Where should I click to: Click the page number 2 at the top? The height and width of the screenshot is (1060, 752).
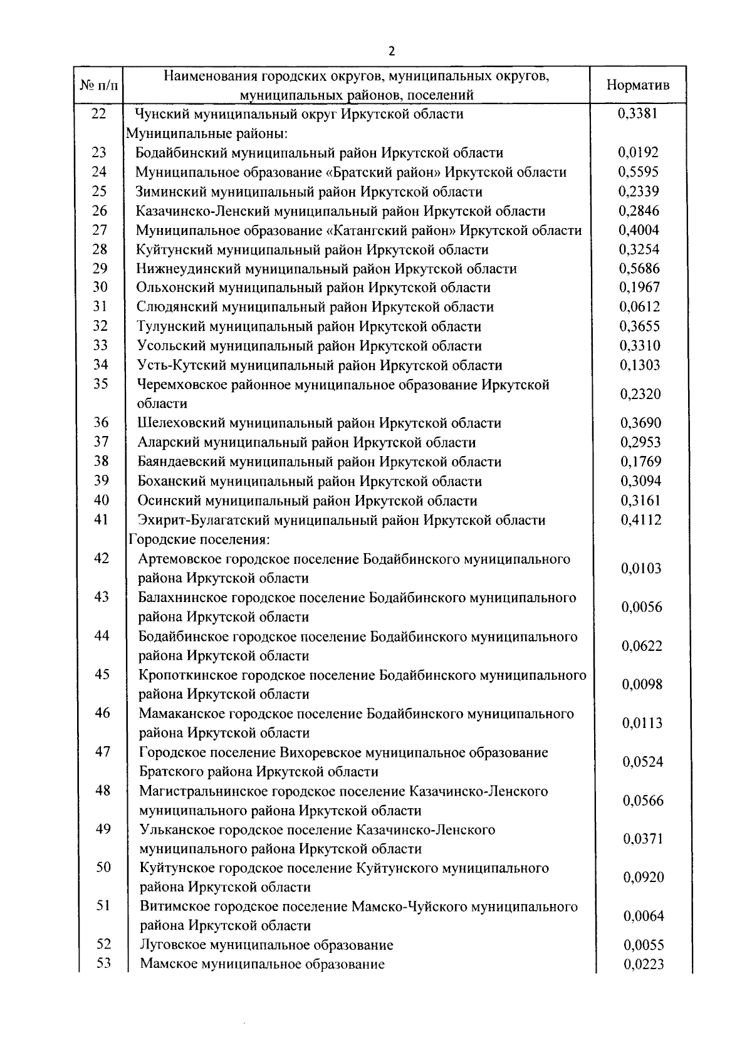click(392, 51)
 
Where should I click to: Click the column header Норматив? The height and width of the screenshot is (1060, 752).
click(638, 85)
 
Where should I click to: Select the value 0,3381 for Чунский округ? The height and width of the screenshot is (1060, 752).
click(638, 114)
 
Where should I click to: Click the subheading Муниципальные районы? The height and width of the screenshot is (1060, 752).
click(207, 133)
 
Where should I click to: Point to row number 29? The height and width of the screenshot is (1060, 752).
click(100, 268)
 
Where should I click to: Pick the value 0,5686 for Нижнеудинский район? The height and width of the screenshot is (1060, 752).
click(639, 269)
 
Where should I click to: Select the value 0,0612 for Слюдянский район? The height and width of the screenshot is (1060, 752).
click(639, 307)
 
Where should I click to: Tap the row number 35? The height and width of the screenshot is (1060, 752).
click(101, 384)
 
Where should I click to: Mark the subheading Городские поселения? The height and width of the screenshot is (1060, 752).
click(199, 539)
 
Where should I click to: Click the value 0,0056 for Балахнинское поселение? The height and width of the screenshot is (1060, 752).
click(642, 607)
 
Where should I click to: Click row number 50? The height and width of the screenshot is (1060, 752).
click(103, 867)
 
